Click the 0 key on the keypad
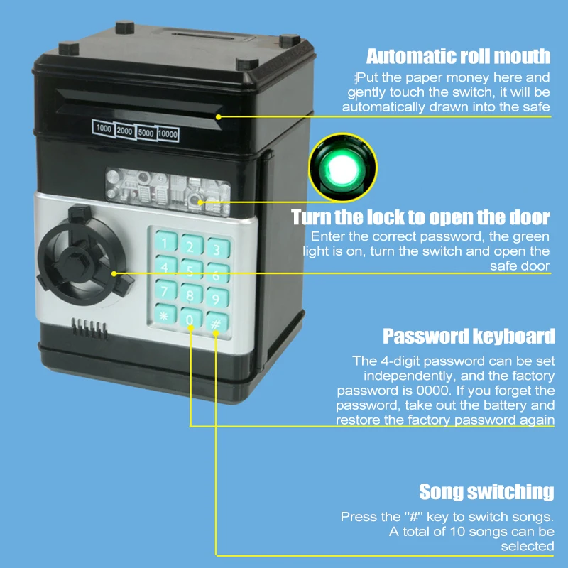point(190,319)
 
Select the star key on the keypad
point(164,315)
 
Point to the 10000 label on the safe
point(168,133)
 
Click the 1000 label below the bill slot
point(103,129)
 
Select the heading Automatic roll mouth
point(458,56)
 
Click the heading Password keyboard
point(469,336)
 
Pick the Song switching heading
point(486,491)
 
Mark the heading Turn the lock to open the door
point(420,217)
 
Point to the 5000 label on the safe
point(146,132)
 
